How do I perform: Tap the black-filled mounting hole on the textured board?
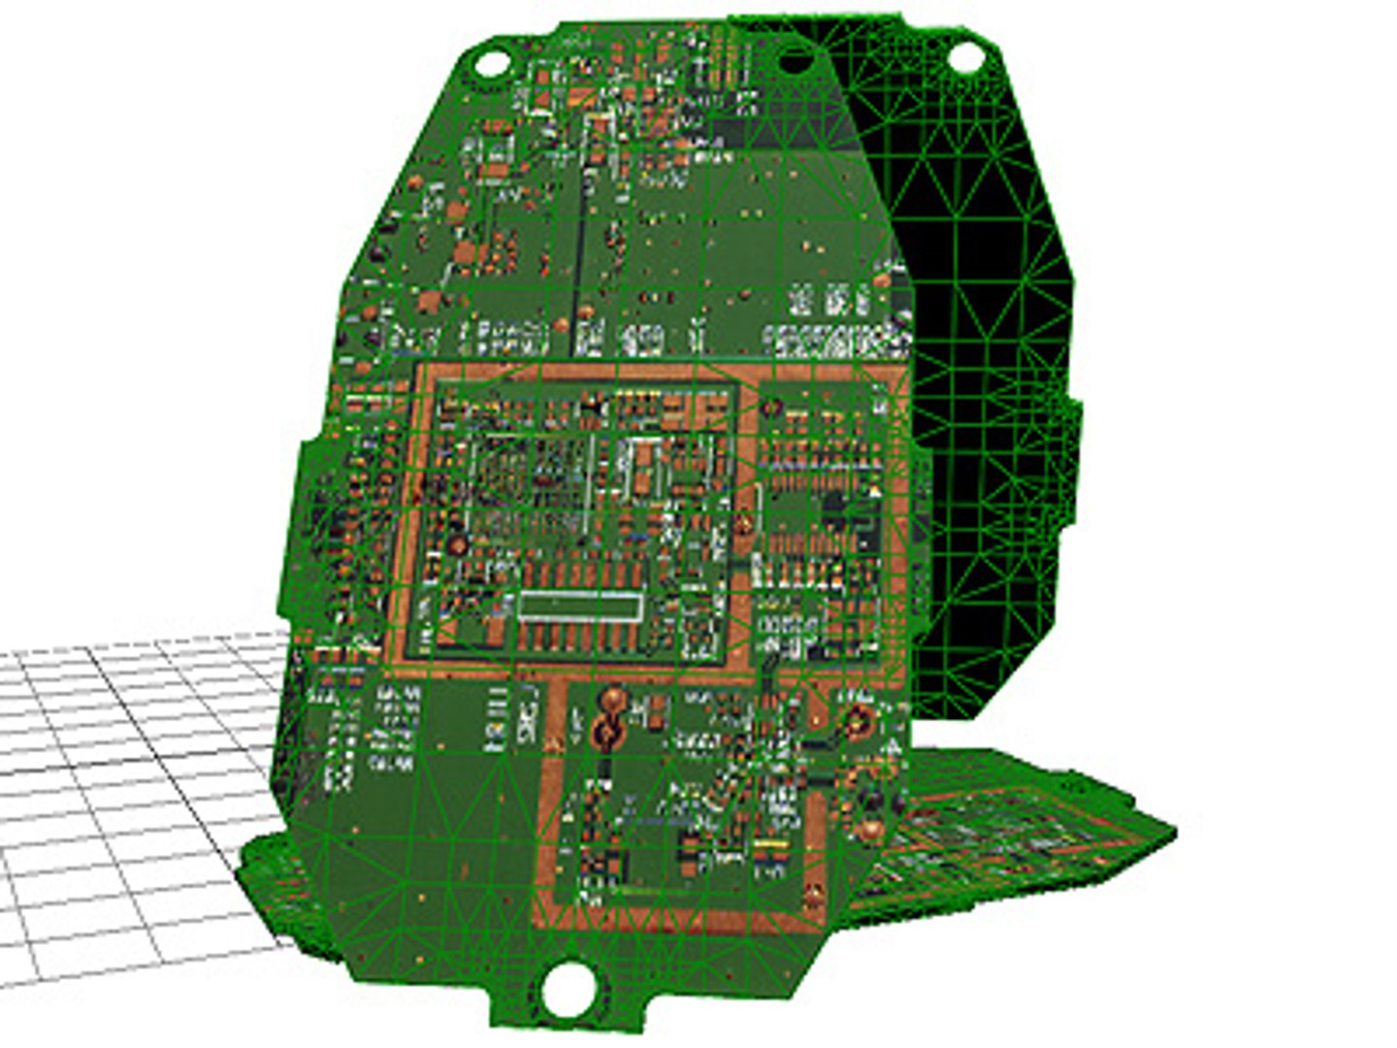point(796,62)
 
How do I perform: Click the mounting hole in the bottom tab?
point(568,990)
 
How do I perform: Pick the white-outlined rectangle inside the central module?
point(579,606)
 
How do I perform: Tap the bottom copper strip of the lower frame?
point(669,912)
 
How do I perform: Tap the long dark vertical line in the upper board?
point(580,233)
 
